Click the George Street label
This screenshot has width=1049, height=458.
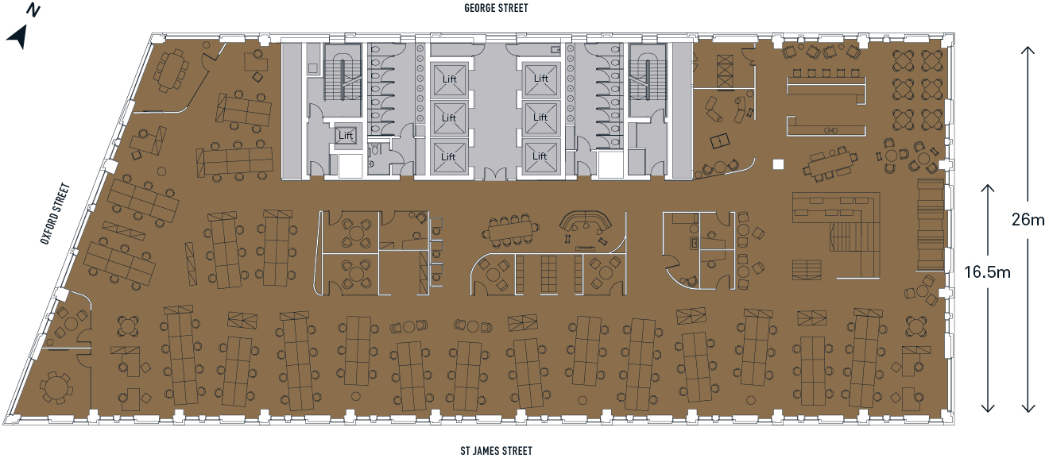coord(496,8)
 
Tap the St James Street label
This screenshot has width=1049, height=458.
coord(497,451)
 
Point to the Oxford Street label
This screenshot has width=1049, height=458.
coord(56,214)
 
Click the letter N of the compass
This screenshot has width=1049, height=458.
coord(33,10)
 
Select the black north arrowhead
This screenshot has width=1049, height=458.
coord(17,37)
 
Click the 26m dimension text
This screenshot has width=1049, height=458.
coord(1028,219)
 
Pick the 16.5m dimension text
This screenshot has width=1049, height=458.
coord(987,271)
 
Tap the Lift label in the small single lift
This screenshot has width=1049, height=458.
coord(346,136)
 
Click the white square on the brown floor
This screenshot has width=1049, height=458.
coord(778,164)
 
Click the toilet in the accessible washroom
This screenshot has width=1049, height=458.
coord(374,150)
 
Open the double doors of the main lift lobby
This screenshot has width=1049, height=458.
coord(495,174)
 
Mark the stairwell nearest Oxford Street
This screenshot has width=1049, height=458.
coord(343,75)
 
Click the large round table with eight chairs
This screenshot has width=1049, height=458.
coord(56,388)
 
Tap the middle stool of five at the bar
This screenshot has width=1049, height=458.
coord(826,74)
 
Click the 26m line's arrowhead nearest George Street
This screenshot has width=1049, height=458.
coord(1028,52)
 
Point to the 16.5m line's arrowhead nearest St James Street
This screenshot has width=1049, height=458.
coord(988,406)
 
